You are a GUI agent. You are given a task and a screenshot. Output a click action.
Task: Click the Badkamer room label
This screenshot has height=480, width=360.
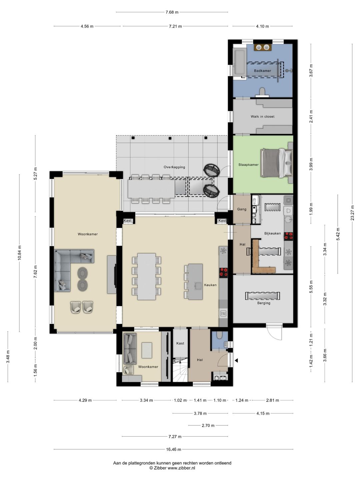[262, 71]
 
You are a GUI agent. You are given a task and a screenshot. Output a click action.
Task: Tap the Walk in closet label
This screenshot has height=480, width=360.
[262, 117]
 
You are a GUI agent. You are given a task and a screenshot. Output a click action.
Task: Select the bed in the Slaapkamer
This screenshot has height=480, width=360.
[276, 163]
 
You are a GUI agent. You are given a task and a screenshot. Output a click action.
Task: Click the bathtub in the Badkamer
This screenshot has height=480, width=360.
[240, 62]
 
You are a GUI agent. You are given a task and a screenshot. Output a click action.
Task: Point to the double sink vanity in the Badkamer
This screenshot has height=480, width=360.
[263, 47]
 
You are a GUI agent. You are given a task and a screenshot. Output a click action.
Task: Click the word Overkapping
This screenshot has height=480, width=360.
[174, 167]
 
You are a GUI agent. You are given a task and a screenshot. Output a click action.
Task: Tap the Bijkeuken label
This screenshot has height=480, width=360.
[272, 233]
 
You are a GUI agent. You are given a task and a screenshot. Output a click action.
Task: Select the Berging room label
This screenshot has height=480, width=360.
[264, 303]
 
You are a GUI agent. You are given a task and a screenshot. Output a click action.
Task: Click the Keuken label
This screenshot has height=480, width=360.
[210, 285]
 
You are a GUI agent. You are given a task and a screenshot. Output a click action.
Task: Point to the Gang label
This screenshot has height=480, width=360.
[242, 209]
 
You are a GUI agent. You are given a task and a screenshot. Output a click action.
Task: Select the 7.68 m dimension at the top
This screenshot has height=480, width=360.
[172, 12]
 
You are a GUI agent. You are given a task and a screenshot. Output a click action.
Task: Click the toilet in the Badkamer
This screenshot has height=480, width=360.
[262, 92]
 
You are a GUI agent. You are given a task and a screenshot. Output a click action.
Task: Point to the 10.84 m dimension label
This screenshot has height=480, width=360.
[19, 253]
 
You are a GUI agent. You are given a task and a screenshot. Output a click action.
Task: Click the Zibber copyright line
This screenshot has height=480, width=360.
[172, 468]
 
